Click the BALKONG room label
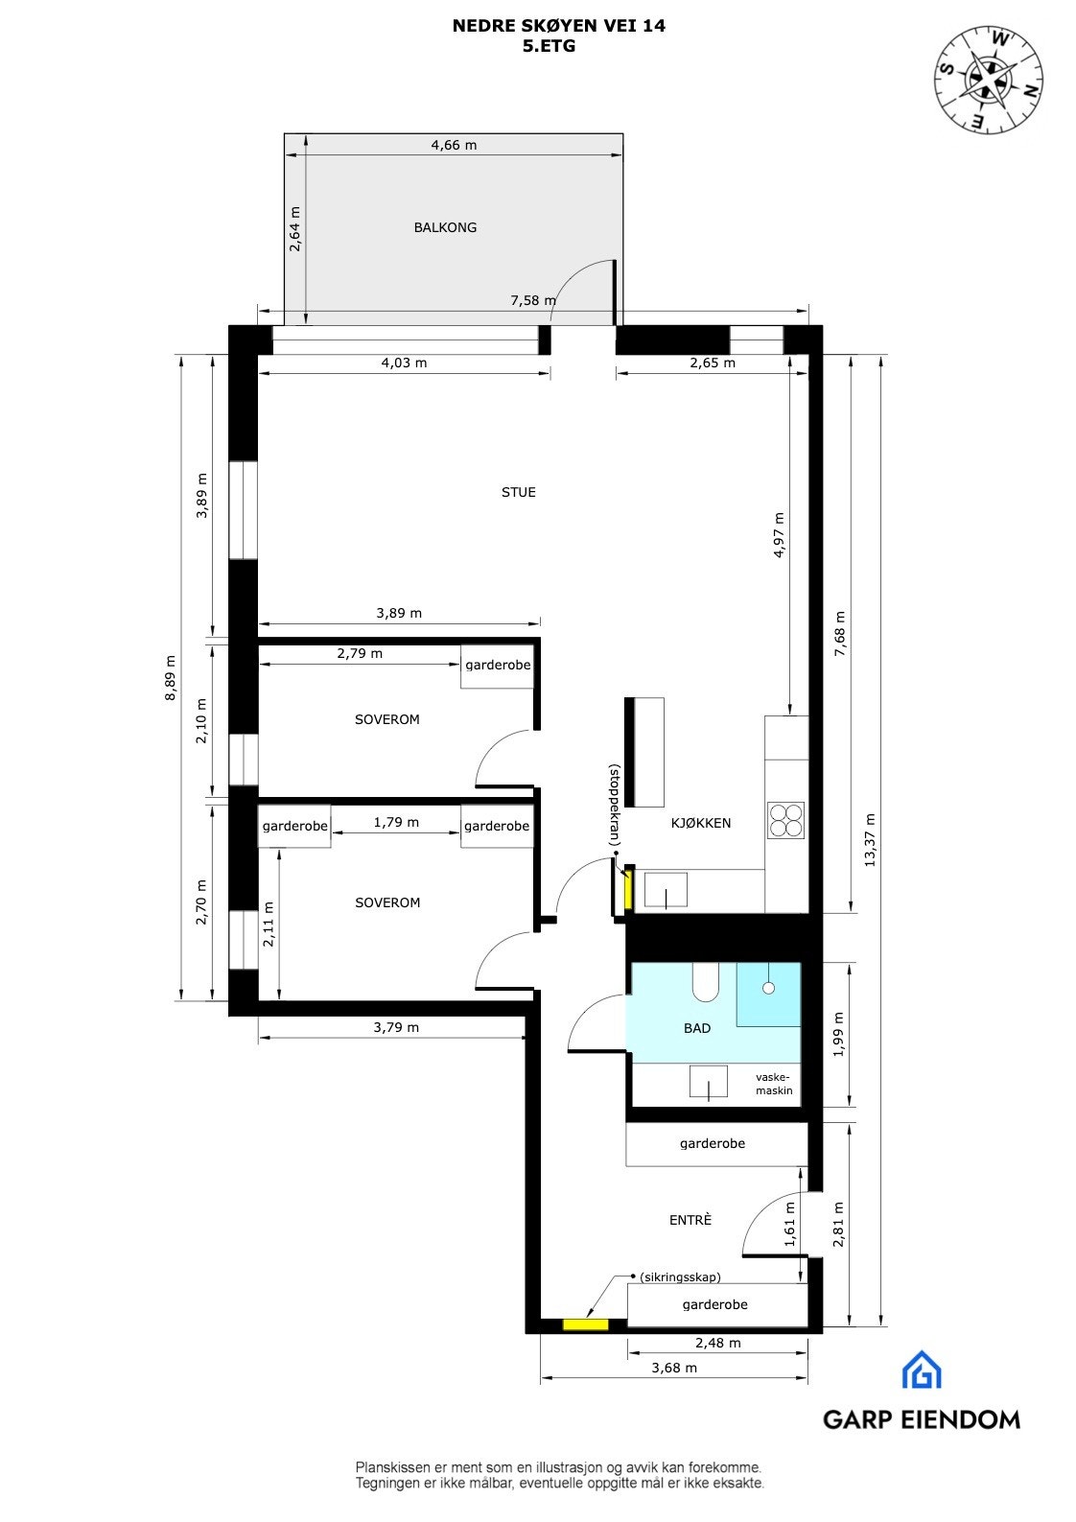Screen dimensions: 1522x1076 click(x=445, y=227)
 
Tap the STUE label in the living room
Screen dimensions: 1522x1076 click(x=518, y=492)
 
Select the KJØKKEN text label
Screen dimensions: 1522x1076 click(x=700, y=823)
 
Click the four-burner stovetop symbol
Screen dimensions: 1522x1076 click(x=786, y=821)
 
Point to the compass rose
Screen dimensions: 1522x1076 click(x=989, y=79)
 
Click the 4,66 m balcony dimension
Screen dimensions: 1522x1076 click(x=454, y=146)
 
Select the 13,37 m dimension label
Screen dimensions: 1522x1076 click(x=870, y=840)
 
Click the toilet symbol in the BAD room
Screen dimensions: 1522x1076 click(x=706, y=979)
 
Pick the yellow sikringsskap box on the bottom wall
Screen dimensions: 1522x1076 click(x=585, y=1324)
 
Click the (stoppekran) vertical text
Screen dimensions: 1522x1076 click(x=615, y=805)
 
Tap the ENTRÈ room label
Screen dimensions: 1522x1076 click(x=690, y=1220)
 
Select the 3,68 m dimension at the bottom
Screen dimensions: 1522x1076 click(x=673, y=1368)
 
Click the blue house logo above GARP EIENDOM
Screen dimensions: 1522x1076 click(x=921, y=1370)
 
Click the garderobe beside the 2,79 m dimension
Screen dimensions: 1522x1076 click(x=498, y=665)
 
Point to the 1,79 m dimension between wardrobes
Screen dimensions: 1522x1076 click(x=396, y=822)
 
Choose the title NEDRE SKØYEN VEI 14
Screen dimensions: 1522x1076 click(x=558, y=27)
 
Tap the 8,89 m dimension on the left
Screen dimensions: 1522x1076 click(x=171, y=678)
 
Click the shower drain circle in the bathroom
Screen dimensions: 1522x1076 click(x=767, y=987)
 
